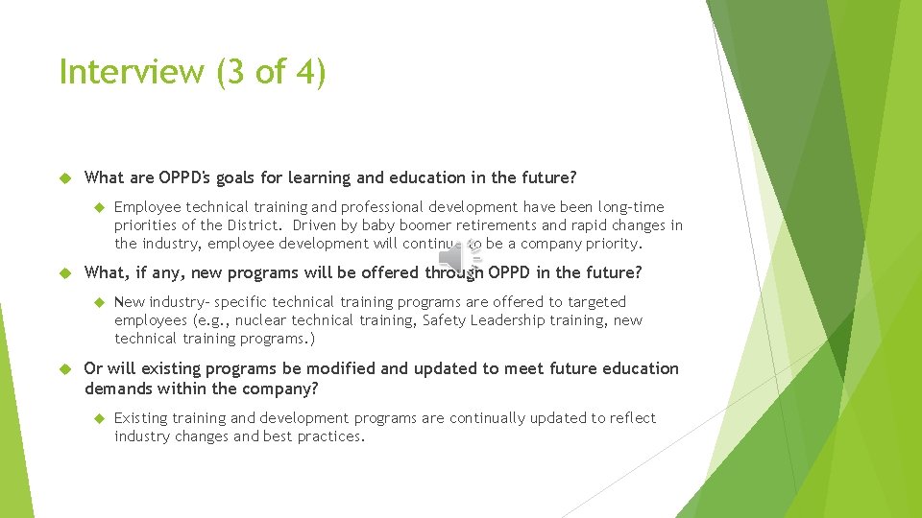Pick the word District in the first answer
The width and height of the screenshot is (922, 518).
(254, 225)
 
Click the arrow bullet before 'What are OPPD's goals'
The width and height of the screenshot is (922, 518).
(66, 177)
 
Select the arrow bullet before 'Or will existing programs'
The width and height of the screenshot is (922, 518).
(66, 368)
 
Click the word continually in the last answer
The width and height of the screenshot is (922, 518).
(488, 418)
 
